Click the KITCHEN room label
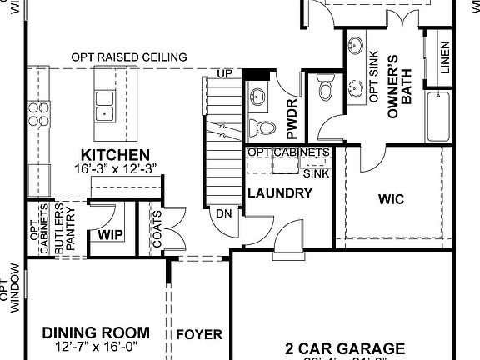click(x=115, y=155)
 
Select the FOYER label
click(x=199, y=335)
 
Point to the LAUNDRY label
click(x=279, y=193)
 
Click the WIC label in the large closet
click(x=392, y=200)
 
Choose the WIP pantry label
click(x=110, y=235)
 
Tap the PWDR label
click(x=292, y=120)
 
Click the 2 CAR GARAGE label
click(x=344, y=347)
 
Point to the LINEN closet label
click(x=445, y=56)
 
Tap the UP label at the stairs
click(x=224, y=74)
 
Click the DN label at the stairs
click(x=223, y=213)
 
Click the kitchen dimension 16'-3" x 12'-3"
click(x=115, y=169)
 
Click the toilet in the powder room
click(x=266, y=127)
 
